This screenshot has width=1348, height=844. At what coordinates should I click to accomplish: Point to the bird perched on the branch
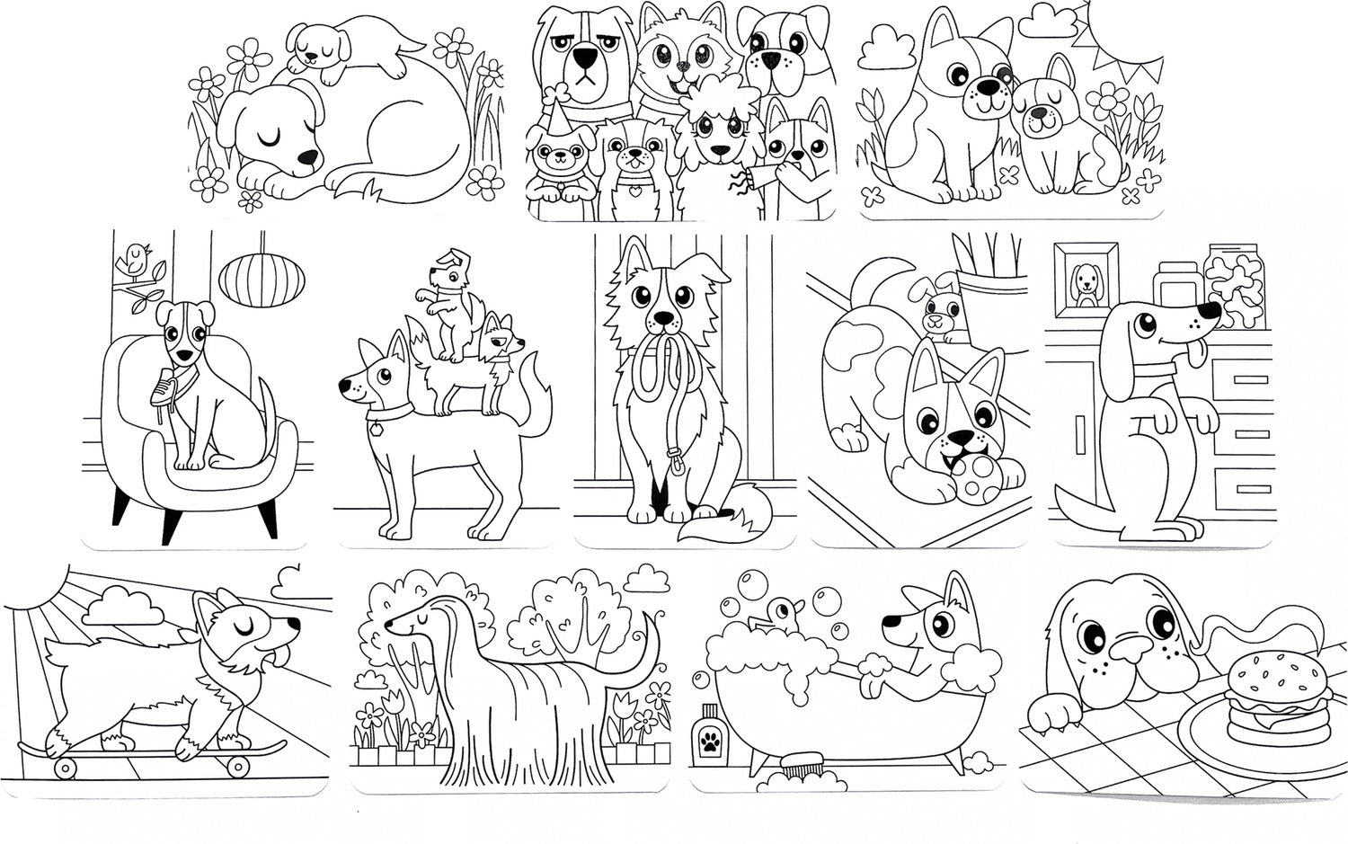[135, 261]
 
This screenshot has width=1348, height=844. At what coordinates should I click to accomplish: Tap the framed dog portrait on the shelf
[1086, 279]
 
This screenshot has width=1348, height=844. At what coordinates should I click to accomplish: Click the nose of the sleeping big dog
[307, 157]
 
